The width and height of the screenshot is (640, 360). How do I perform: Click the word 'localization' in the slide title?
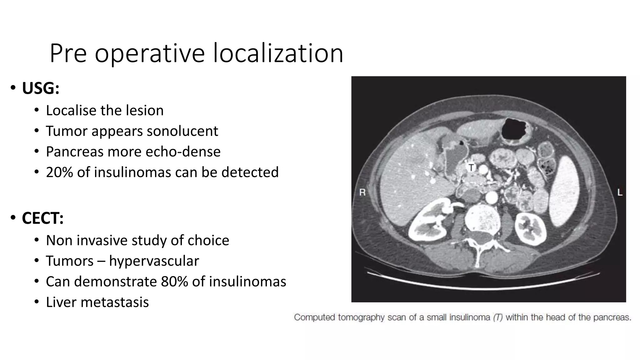pos(278,53)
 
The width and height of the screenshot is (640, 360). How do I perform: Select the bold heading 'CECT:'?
pos(42,218)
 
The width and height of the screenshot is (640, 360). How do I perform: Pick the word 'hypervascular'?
pos(154,261)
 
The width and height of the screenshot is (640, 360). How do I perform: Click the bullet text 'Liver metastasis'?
pos(97,302)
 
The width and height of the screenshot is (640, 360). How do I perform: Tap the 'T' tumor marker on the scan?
pos(471,168)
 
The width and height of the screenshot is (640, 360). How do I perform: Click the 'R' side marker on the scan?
pos(362,192)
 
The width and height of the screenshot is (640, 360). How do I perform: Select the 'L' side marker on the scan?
pos(620,192)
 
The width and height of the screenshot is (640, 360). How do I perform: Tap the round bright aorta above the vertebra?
pos(492,197)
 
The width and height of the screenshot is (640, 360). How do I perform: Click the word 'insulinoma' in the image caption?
pos(470,317)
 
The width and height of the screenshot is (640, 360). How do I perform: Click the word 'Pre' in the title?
pos(68,53)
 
